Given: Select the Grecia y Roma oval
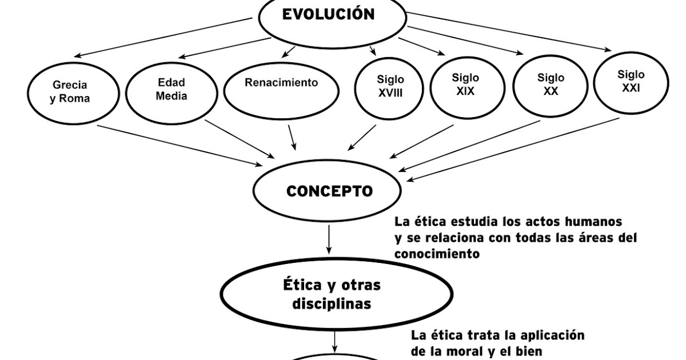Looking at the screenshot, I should (x=71, y=91).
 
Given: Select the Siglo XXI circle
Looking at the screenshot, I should (x=631, y=81).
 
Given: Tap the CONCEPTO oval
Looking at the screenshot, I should (x=329, y=191).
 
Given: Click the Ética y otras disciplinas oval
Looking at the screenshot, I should (x=332, y=294).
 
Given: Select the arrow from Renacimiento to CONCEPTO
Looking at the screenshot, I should (x=292, y=137).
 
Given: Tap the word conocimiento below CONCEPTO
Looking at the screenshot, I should (x=437, y=254).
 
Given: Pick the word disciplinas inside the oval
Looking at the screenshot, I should (x=332, y=303).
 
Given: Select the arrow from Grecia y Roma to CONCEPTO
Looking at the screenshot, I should (x=183, y=145).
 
